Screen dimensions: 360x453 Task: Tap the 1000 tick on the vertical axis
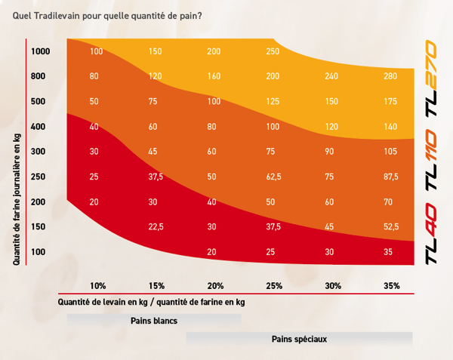[40, 51]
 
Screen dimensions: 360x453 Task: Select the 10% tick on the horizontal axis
[97, 286]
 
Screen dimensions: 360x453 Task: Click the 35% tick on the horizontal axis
[390, 286]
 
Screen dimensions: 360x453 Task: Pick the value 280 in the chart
[390, 76]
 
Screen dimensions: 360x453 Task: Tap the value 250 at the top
[273, 51]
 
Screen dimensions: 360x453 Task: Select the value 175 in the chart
[390, 101]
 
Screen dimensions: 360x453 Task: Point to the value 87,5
[390, 177]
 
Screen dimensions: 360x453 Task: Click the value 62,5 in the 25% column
[273, 177]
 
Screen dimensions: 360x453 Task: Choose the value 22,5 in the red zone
[156, 226]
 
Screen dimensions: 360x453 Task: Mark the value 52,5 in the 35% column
[390, 226]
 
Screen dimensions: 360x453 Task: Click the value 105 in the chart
[390, 152]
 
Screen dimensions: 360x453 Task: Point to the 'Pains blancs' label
[154, 321]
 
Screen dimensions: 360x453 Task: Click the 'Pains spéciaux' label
[299, 339]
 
